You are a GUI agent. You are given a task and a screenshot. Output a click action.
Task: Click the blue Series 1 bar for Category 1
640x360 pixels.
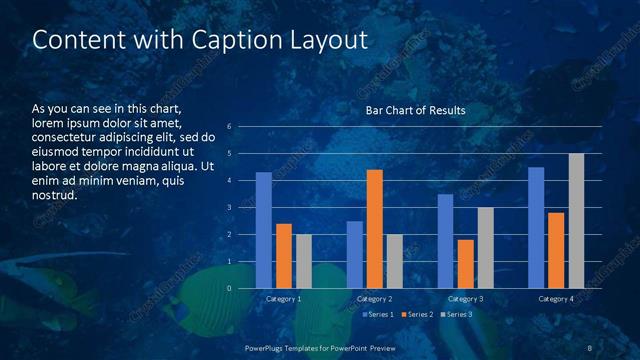pos(264,230)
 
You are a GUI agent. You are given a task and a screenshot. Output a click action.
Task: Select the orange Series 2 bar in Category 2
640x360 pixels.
pos(375,229)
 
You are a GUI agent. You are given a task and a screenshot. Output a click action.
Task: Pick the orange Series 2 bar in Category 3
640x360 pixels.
pos(465,264)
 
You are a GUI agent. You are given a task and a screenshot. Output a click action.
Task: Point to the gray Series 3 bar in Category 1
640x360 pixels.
pos(304,261)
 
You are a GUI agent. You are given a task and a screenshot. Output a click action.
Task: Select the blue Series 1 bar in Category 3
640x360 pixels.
pos(445,241)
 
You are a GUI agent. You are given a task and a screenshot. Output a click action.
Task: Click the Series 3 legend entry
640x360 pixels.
pos(457,314)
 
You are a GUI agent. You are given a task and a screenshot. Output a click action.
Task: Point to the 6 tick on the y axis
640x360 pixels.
pos(230,127)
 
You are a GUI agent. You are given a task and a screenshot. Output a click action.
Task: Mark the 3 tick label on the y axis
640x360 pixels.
pos(230,208)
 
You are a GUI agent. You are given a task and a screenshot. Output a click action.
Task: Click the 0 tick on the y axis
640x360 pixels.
pos(230,289)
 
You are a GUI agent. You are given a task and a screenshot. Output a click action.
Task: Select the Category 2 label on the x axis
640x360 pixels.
pos(375,299)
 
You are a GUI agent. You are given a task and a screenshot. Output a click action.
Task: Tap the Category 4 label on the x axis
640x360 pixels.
pos(556,299)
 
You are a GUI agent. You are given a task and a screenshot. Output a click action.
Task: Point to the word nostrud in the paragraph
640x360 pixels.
pos(54,195)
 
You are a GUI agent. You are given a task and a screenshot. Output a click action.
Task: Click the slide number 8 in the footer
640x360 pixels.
pos(590,347)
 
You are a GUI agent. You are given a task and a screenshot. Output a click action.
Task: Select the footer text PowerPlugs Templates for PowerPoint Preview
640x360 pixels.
pos(319,347)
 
